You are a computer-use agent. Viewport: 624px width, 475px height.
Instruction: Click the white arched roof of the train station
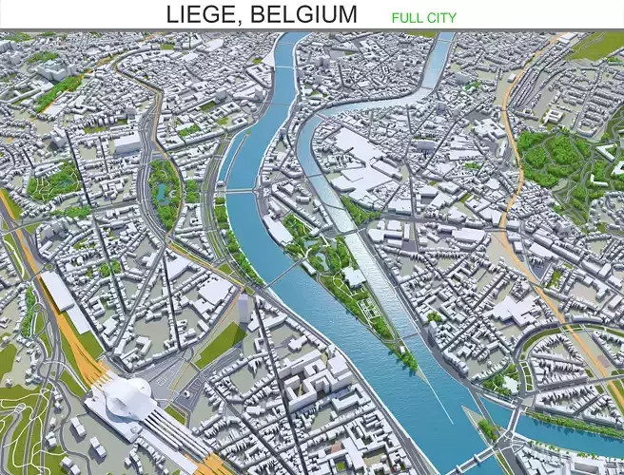click(x=129, y=397)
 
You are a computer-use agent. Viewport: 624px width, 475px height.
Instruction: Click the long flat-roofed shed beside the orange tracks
click(x=57, y=290)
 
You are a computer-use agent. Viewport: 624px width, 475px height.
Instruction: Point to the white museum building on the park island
click(x=353, y=276)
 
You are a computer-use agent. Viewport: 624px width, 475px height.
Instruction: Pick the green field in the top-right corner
click(x=599, y=44)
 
